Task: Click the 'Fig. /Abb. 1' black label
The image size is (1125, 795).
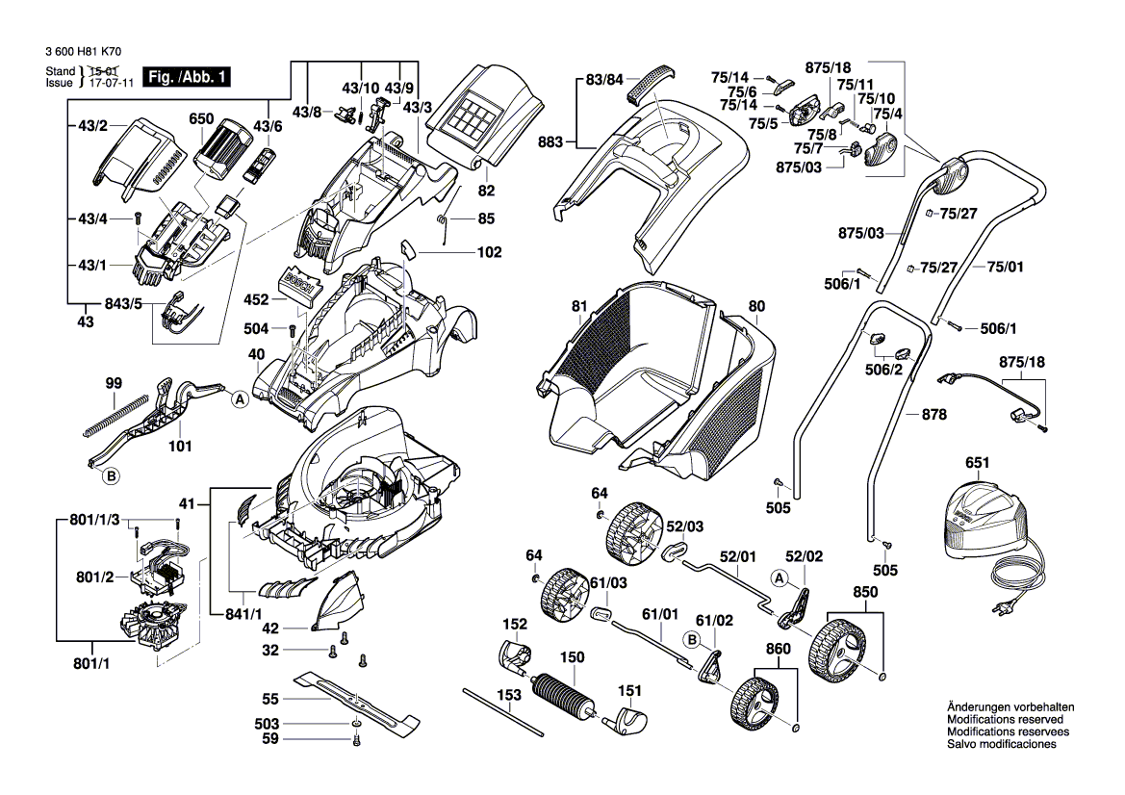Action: (186, 77)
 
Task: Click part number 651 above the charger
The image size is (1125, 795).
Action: (977, 463)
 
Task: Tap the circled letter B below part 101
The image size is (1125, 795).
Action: (111, 475)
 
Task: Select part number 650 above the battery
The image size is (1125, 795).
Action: (201, 119)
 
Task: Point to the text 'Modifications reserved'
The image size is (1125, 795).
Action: (1005, 719)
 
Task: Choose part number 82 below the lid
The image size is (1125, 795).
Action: (486, 191)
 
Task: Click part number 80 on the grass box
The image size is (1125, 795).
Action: (756, 307)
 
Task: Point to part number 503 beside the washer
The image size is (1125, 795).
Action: (267, 723)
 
